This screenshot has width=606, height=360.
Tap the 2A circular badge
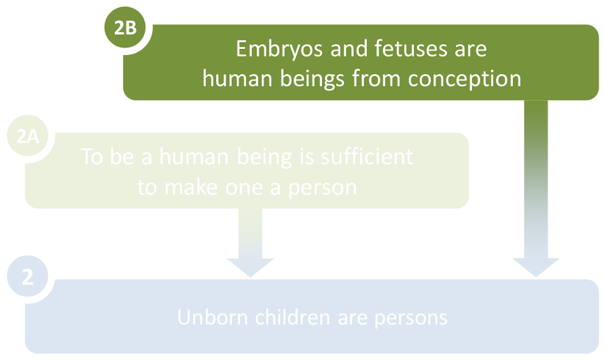28,138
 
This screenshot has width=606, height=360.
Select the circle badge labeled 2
27,278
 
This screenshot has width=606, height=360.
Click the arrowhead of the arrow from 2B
535,266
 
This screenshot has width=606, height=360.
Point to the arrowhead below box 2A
250,266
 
